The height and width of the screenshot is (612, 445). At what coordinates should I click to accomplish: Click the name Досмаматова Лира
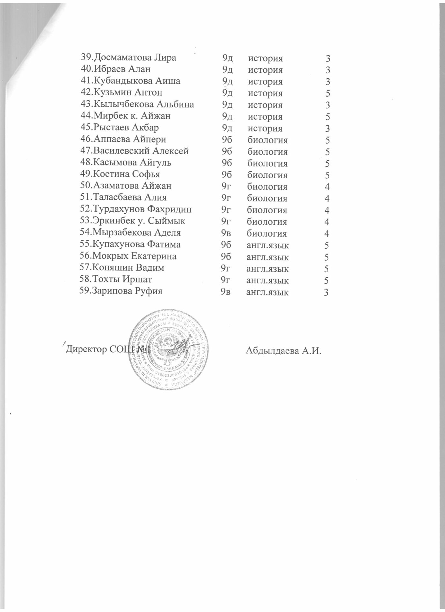(x=135, y=57)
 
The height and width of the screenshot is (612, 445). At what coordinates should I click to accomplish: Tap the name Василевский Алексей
(x=140, y=151)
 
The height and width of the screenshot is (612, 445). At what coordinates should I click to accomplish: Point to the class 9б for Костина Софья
(x=227, y=174)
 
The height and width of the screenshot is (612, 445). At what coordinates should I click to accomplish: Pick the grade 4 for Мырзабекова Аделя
(x=327, y=233)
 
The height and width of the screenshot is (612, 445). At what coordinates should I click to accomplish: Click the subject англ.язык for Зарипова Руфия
(x=267, y=292)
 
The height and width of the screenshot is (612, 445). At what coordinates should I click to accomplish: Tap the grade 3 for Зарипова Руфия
(x=326, y=292)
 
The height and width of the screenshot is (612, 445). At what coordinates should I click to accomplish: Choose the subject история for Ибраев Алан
(x=265, y=69)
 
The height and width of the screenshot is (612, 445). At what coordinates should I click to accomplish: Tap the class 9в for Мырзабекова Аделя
(x=226, y=233)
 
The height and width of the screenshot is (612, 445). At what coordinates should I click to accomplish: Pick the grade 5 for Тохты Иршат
(x=326, y=280)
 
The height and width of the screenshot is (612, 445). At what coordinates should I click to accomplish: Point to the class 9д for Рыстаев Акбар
(x=227, y=128)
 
